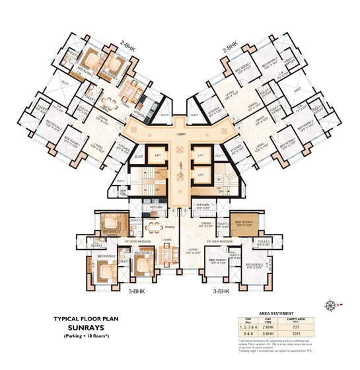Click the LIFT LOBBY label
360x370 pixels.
tap(180, 165)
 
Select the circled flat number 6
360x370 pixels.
tap(174, 211)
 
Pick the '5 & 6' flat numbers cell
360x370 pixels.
tap(249, 334)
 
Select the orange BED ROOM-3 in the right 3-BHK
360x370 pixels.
tap(242, 225)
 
